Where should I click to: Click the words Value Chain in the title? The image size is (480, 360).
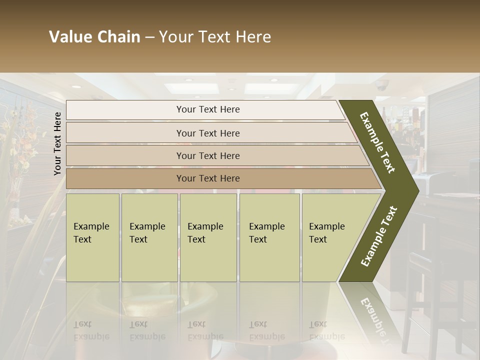click(94, 37)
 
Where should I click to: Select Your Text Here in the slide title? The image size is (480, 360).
click(215, 37)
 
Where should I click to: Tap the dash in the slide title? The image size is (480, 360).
click(149, 37)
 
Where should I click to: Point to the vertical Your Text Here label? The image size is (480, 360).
click(57, 143)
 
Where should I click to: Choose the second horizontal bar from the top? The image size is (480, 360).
click(208, 133)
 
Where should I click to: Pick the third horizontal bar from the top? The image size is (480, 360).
click(208, 155)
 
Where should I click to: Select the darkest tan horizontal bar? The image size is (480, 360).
click(208, 178)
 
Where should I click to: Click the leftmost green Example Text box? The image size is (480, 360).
click(92, 237)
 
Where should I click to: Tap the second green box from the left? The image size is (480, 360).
click(149, 237)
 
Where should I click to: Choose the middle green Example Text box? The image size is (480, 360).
click(208, 237)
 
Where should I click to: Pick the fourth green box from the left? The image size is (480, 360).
click(269, 237)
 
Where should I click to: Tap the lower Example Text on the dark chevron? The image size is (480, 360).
click(378, 236)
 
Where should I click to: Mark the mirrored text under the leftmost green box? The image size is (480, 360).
click(91, 330)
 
